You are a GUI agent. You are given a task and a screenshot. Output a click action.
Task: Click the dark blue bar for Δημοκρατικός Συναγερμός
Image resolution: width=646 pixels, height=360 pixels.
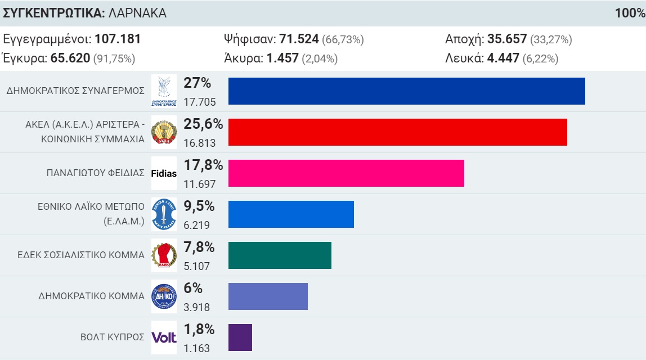click(x=406, y=91)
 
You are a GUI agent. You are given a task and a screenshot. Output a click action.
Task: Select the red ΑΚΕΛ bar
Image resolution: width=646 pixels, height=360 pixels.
click(x=397, y=132)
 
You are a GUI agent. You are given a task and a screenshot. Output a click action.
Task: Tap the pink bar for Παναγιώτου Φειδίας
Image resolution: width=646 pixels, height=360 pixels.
click(x=346, y=173)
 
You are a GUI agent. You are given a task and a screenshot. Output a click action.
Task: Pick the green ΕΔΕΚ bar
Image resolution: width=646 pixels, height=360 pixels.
click(x=280, y=255)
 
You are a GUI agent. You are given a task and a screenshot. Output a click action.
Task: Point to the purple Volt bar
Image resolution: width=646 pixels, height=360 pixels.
click(x=240, y=337)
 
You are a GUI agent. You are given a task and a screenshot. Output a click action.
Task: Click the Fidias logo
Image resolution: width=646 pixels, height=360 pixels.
click(x=164, y=173)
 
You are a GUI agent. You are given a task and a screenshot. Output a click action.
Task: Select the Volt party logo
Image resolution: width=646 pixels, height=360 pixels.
click(x=164, y=337)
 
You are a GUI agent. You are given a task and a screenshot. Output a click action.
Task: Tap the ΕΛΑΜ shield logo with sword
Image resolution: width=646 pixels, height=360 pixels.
click(x=164, y=214)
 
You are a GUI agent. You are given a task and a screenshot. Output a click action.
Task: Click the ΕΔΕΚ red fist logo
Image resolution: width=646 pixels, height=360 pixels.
click(x=164, y=255)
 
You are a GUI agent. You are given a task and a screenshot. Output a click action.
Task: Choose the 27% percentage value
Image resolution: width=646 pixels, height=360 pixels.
click(x=197, y=83)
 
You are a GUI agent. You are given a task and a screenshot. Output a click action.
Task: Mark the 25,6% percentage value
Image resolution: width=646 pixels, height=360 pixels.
click(x=203, y=124)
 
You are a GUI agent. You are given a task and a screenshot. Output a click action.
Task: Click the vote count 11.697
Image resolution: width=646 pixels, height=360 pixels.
click(x=199, y=184)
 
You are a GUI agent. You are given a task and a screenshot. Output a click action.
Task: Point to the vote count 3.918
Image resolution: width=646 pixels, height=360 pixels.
click(x=196, y=307)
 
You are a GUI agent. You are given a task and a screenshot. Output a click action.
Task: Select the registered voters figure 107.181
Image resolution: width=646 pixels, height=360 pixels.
click(x=118, y=39)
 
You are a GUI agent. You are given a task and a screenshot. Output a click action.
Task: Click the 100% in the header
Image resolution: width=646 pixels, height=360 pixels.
click(x=630, y=12)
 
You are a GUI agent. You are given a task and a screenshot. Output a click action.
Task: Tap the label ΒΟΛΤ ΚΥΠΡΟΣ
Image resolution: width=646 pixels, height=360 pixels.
click(x=113, y=337)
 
